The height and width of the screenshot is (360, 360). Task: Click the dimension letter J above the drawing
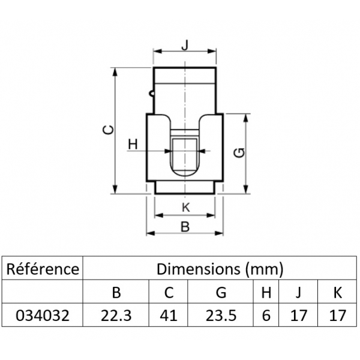coord(185,44)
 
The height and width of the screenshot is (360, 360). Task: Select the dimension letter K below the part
coord(185,208)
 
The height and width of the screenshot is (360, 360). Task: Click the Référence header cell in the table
coord(42,268)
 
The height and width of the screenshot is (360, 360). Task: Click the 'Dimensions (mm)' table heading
coord(220,268)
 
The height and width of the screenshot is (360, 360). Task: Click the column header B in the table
coord(117,292)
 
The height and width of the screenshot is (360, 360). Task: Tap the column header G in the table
coord(221,292)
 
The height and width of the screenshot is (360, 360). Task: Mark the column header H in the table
coord(266,292)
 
